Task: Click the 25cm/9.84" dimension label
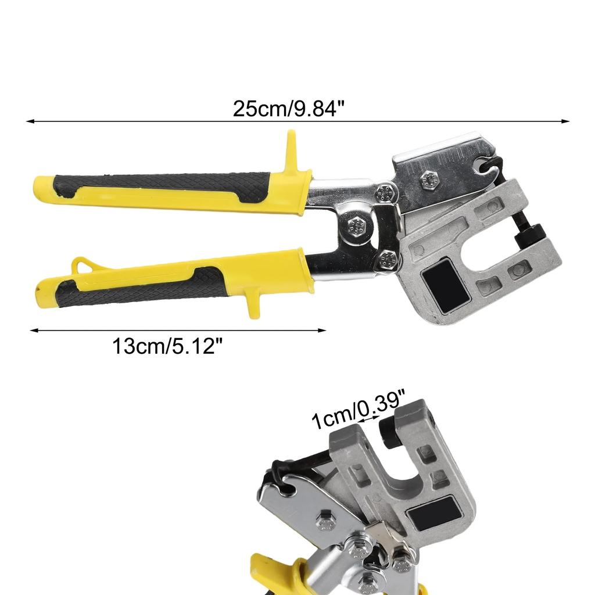(x=285, y=109)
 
